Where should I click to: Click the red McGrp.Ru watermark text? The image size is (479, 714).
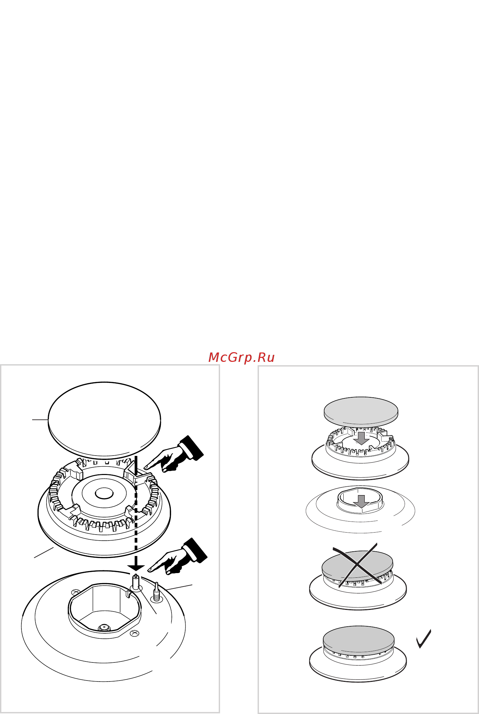(x=241, y=358)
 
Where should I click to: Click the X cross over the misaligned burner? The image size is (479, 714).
(x=357, y=565)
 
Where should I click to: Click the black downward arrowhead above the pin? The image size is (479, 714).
(x=136, y=568)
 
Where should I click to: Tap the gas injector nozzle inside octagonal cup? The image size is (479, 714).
(x=104, y=628)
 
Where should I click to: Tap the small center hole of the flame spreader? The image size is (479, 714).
(x=104, y=493)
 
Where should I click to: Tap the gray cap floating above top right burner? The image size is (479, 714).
(x=361, y=411)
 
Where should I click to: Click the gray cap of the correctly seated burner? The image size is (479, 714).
(x=358, y=639)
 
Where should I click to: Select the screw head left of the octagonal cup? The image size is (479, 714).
(x=76, y=592)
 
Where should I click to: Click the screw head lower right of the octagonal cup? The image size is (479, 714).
(x=134, y=633)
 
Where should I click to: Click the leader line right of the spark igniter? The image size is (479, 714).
(x=179, y=587)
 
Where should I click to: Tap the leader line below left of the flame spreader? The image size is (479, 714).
(x=44, y=553)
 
